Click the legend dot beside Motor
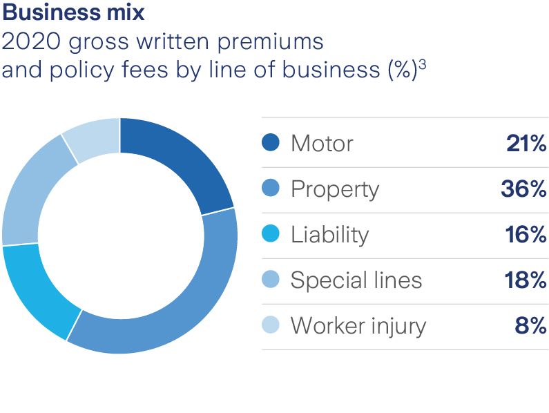271,144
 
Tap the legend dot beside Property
271,189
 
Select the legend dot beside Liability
271,234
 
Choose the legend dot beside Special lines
271,280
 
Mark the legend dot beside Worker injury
271,325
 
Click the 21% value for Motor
526,144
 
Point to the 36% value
523,189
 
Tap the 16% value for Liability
525,234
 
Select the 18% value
525,280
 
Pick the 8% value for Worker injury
530,325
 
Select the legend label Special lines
356,280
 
